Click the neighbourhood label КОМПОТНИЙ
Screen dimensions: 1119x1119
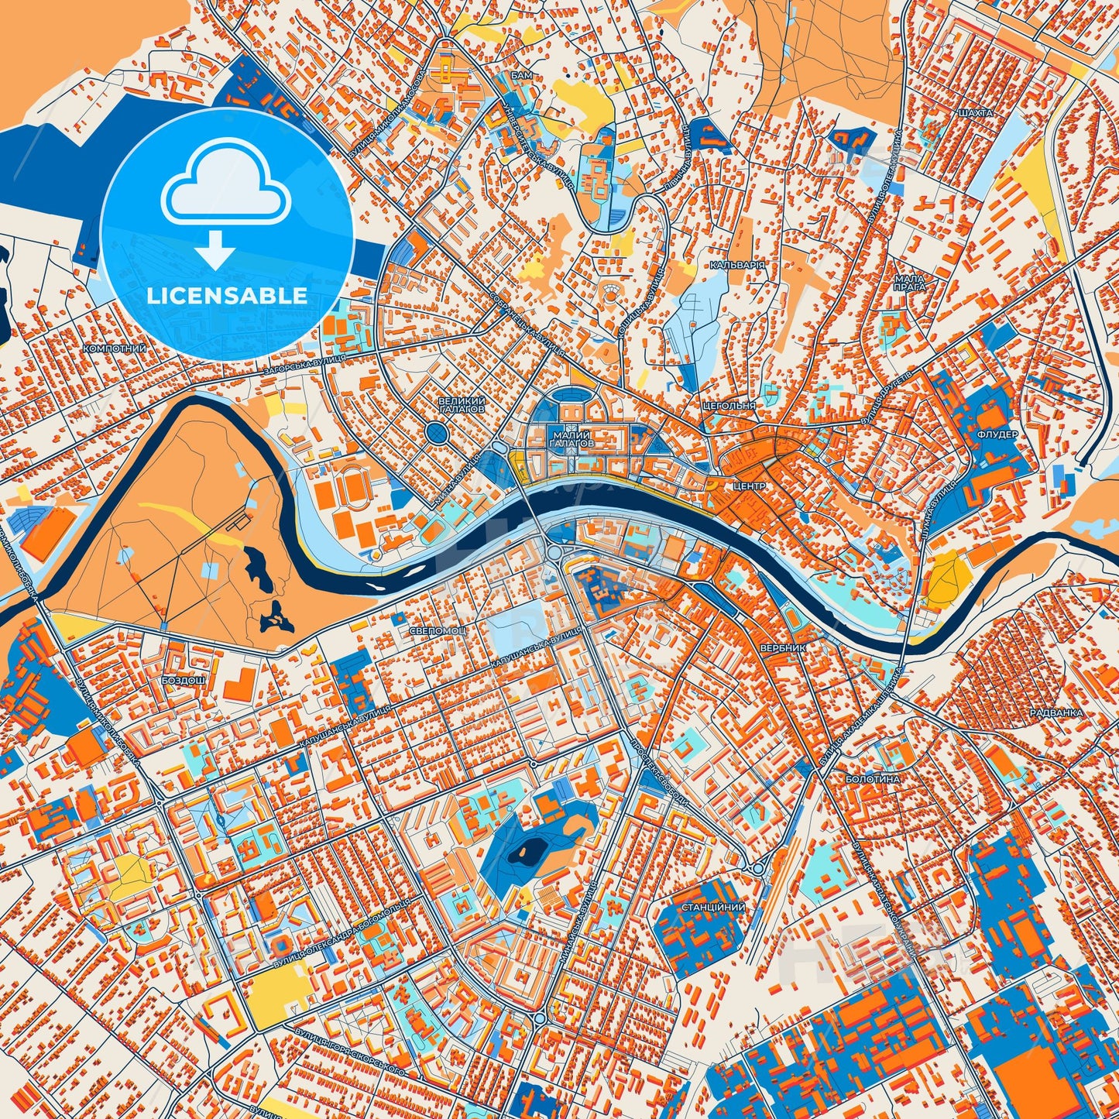pyautogui.click(x=115, y=349)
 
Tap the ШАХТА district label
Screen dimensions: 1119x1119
pyautogui.click(x=974, y=113)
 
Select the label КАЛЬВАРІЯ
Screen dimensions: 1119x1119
pyautogui.click(x=737, y=265)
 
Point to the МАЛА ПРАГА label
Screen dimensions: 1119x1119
pyautogui.click(x=909, y=283)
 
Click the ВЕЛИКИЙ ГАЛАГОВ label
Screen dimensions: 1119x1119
pyautogui.click(x=462, y=404)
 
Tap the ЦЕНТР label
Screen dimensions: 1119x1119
pyautogui.click(x=748, y=486)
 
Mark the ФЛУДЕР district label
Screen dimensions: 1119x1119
pyautogui.click(x=997, y=434)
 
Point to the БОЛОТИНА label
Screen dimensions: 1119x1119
pyautogui.click(x=872, y=779)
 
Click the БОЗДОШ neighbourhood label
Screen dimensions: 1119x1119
pyautogui.click(x=184, y=679)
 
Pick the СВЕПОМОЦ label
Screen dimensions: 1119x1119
pyautogui.click(x=438, y=631)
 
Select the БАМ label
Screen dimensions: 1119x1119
pyautogui.click(x=521, y=76)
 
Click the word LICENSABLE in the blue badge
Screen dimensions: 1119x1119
pyautogui.click(x=227, y=296)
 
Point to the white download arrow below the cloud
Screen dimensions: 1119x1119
pyautogui.click(x=215, y=249)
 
